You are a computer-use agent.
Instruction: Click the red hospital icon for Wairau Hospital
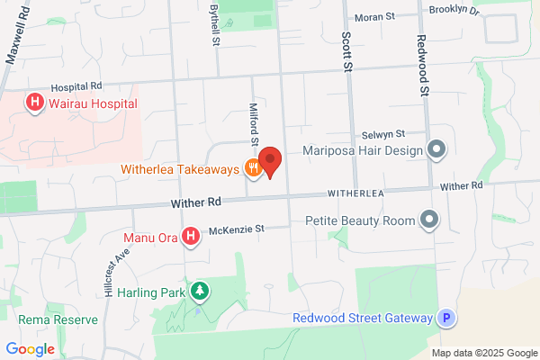click(x=35, y=103)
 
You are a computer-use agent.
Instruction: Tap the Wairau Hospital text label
click(x=93, y=103)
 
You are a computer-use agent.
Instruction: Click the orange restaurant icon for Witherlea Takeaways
click(x=254, y=168)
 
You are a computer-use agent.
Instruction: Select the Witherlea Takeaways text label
click(x=181, y=169)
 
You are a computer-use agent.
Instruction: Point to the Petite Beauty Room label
click(x=360, y=220)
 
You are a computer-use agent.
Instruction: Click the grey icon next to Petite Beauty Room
click(x=431, y=220)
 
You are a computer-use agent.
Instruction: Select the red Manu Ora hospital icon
click(x=191, y=238)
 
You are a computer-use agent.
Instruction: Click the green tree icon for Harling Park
click(x=200, y=292)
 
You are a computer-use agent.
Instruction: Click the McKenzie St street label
click(x=236, y=230)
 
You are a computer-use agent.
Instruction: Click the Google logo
click(x=30, y=349)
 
